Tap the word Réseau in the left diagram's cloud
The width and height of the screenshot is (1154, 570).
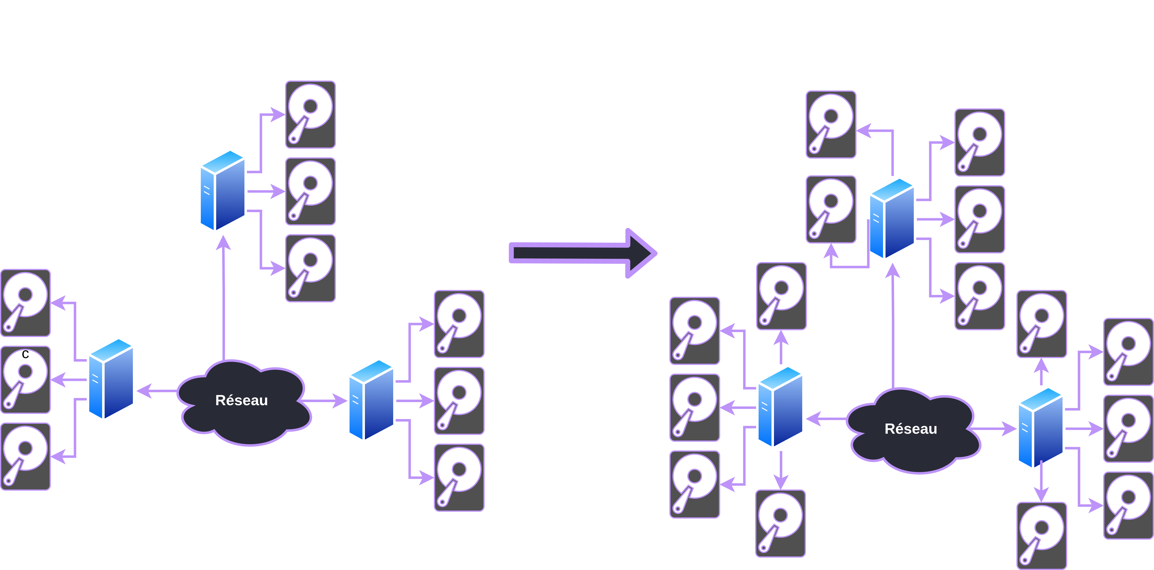tap(241, 400)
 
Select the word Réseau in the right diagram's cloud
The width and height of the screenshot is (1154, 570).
tap(911, 429)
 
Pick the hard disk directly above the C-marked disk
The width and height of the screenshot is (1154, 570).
tap(26, 303)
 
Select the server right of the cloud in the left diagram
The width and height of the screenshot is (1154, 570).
tap(371, 400)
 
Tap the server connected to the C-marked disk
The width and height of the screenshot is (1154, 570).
tap(111, 379)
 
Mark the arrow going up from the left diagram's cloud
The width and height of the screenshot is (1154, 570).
tap(224, 298)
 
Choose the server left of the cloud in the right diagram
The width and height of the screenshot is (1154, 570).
tap(780, 407)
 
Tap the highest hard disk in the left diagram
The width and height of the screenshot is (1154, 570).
tap(310, 115)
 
